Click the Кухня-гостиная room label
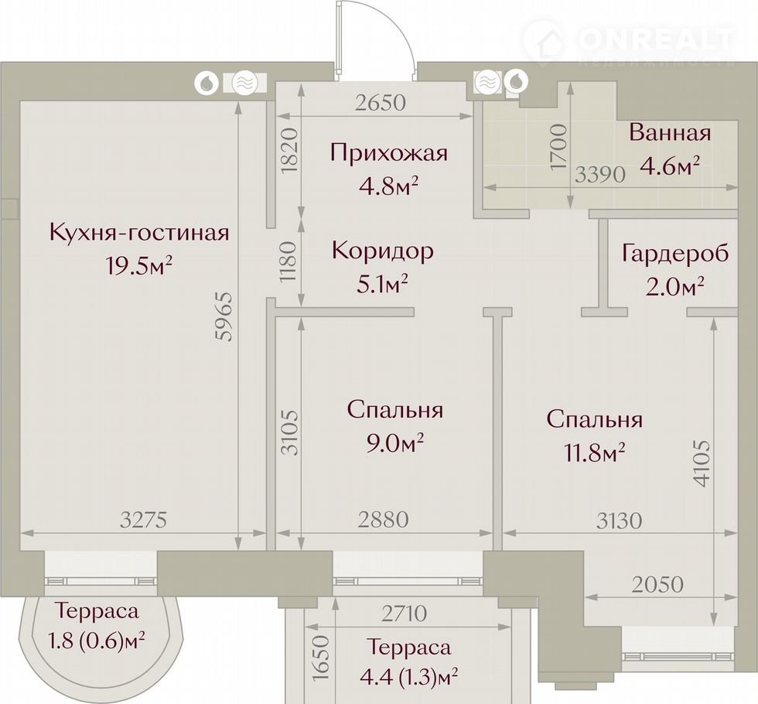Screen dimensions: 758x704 [x=139, y=233]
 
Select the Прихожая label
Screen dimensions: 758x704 [x=389, y=153]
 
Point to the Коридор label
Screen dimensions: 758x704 [x=383, y=251]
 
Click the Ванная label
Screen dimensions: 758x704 [x=671, y=132]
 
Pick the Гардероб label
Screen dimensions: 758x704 [x=675, y=253]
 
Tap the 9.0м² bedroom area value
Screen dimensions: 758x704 [x=395, y=442]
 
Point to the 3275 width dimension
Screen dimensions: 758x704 [x=144, y=520]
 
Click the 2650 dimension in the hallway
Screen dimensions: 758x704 [x=381, y=103]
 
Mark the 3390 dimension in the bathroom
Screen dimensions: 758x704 [x=600, y=175]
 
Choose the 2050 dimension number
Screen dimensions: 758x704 [x=657, y=585]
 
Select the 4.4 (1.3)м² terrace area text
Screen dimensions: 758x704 [x=409, y=677]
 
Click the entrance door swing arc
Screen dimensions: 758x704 [x=404, y=29]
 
